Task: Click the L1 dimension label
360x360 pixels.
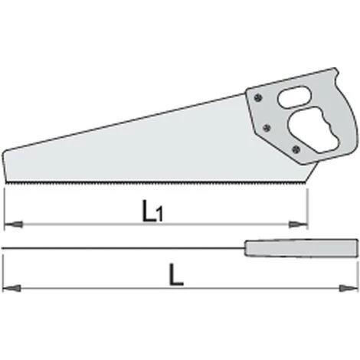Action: point(152,211)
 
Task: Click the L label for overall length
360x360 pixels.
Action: point(176,275)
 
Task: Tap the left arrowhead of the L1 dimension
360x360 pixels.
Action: point(14,224)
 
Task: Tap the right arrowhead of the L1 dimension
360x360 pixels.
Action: point(298,224)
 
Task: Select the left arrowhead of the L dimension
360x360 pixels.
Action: point(11,289)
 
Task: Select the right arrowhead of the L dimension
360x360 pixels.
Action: point(349,289)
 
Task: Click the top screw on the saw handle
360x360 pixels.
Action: point(258,97)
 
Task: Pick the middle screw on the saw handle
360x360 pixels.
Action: point(267,128)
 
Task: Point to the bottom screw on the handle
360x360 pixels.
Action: point(296,149)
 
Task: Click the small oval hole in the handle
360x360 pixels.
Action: point(294,97)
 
